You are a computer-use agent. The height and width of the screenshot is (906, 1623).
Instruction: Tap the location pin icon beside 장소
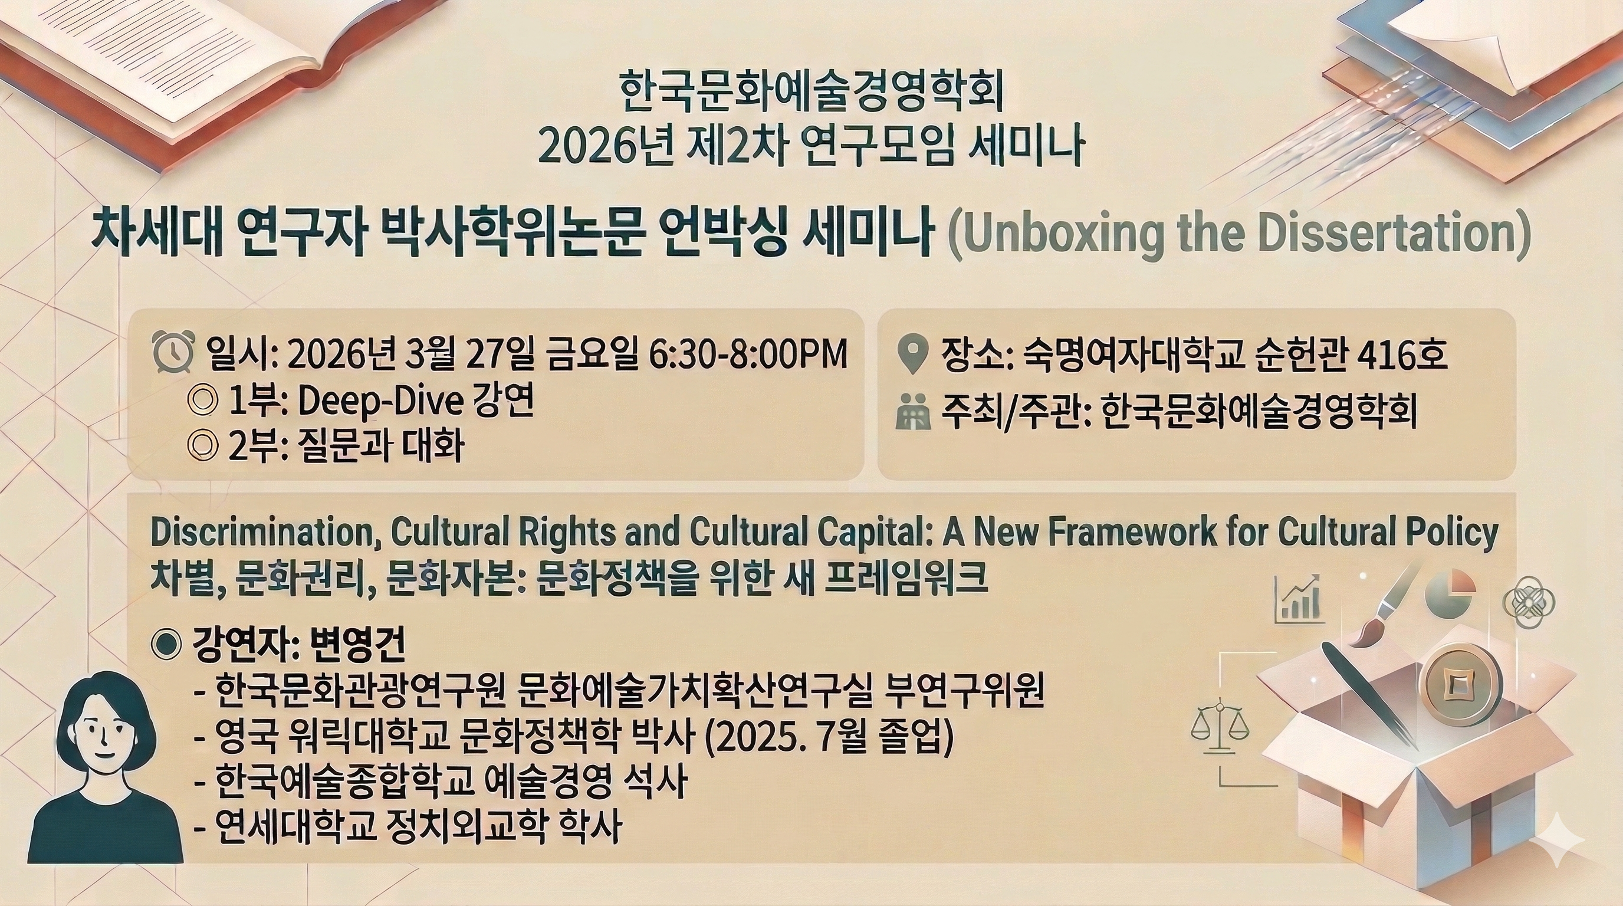tap(912, 355)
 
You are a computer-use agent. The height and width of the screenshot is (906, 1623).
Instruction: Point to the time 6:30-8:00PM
tap(748, 354)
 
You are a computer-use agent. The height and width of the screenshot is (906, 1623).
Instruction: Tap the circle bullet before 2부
tap(203, 446)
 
